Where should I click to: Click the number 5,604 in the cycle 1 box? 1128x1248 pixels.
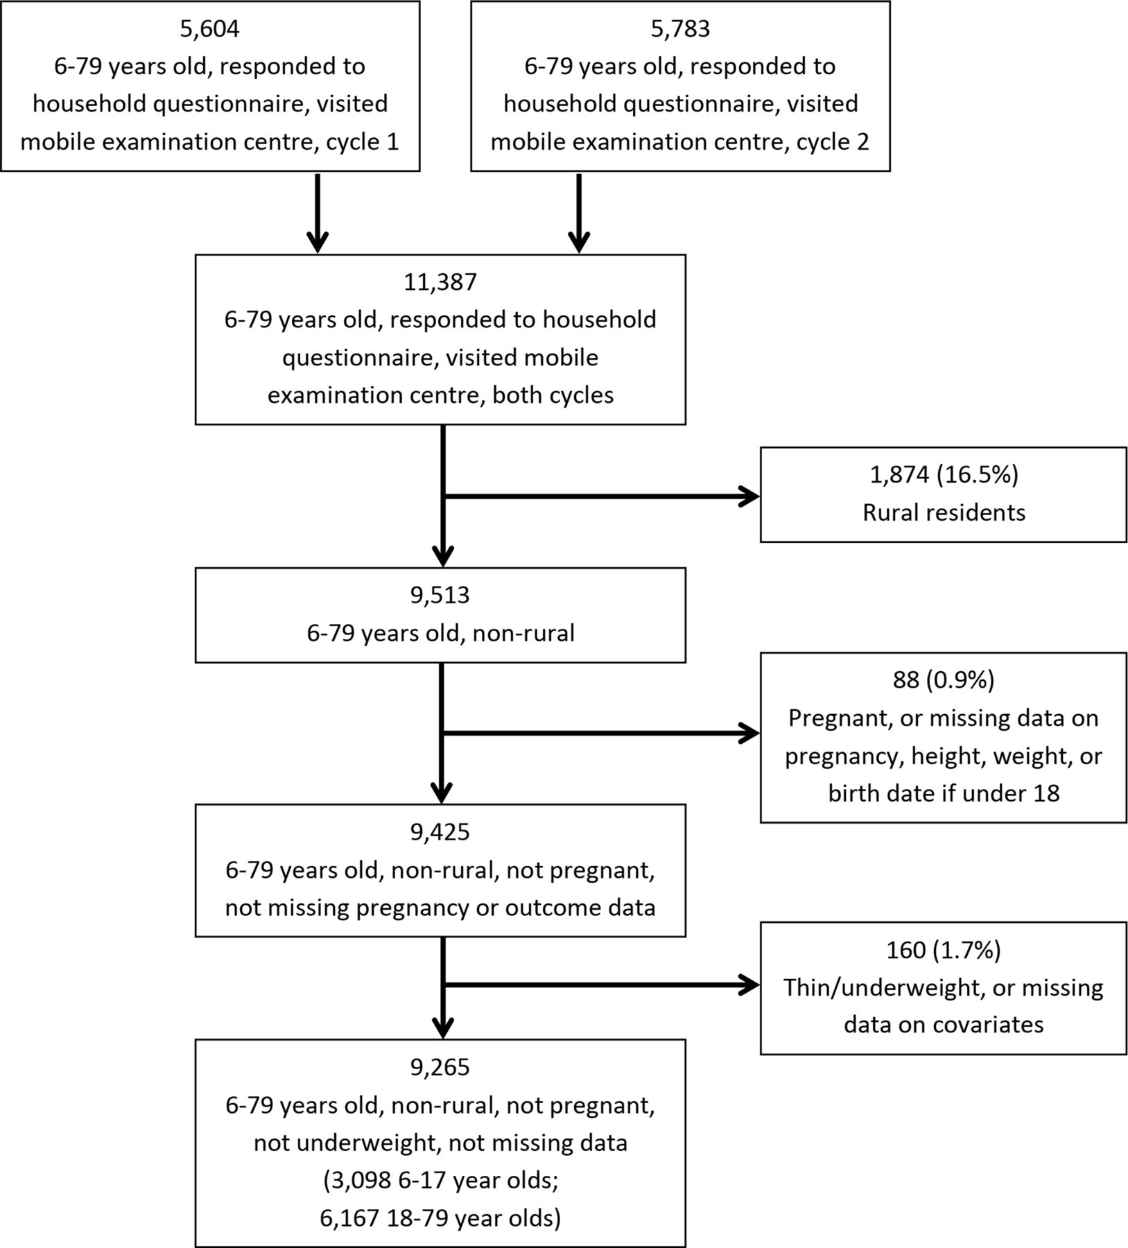point(209,29)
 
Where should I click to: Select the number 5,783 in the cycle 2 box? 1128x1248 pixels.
point(680,29)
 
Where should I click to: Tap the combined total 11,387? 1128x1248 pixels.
point(440,282)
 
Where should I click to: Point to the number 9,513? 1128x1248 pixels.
point(440,596)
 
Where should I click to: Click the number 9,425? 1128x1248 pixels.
point(440,832)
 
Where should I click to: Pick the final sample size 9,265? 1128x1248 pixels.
point(440,1067)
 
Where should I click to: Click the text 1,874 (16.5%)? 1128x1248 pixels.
point(944,475)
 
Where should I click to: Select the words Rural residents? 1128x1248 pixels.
point(944,512)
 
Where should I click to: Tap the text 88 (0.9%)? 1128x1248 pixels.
point(944,680)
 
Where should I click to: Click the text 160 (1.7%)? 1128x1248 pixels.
point(944,950)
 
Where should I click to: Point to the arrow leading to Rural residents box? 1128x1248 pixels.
point(601,496)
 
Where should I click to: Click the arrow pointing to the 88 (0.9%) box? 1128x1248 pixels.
point(601,733)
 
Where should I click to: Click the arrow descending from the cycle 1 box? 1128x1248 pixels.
point(317,213)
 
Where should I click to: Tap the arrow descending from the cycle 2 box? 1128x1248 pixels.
point(579,213)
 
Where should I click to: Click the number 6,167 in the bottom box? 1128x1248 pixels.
point(350,1217)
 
